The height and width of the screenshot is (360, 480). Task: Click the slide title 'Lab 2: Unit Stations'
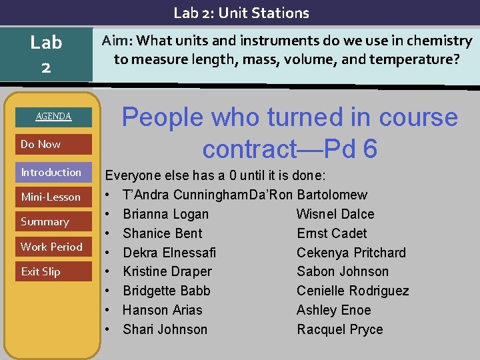[x=241, y=13]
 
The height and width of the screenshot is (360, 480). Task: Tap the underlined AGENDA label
[x=53, y=117]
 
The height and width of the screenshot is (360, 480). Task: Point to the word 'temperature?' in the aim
[x=419, y=59]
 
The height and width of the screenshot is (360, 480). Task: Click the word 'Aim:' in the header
[x=117, y=41]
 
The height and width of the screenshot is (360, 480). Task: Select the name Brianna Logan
[x=165, y=214]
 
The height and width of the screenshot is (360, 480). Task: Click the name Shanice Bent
[x=162, y=233]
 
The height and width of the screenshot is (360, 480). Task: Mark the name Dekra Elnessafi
[x=169, y=253]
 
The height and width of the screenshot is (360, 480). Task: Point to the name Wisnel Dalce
[x=335, y=214]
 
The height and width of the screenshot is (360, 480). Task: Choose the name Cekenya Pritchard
[x=351, y=253]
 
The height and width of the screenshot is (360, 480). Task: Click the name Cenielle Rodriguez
[x=353, y=291]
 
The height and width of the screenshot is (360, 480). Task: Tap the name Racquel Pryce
[x=339, y=329]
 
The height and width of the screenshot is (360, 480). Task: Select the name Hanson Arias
[x=162, y=310]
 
